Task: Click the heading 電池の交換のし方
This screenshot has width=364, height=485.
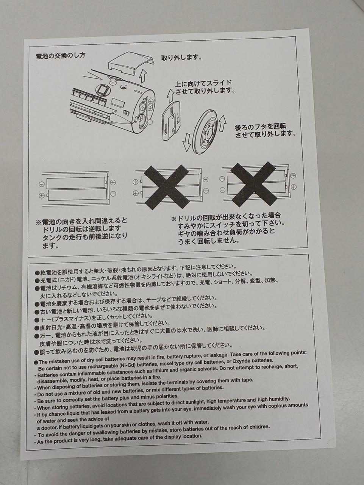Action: (x=61, y=56)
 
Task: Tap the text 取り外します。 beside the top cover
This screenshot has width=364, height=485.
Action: (x=181, y=58)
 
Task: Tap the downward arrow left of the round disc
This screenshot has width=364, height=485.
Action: (x=186, y=143)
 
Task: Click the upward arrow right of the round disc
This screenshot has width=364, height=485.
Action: (x=222, y=123)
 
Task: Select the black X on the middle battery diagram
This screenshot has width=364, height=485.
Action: (x=167, y=187)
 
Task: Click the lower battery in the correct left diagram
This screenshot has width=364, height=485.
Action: (x=77, y=194)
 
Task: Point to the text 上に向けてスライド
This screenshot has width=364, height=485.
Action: (x=203, y=83)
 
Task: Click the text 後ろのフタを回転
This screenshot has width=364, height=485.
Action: (x=261, y=127)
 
